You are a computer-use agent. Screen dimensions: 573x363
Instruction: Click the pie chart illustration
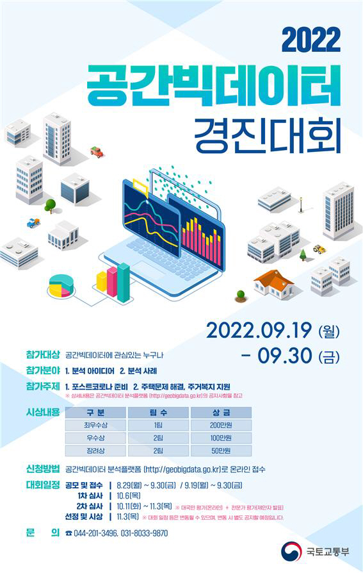(61, 285)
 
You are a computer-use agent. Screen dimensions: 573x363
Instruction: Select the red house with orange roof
(273, 283)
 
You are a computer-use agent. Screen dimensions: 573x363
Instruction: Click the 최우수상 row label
(94, 424)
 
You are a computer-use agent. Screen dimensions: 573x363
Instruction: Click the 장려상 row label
(94, 451)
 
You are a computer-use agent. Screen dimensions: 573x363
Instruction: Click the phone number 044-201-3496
(98, 533)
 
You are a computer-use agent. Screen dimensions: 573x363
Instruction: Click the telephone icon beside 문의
(69, 533)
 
